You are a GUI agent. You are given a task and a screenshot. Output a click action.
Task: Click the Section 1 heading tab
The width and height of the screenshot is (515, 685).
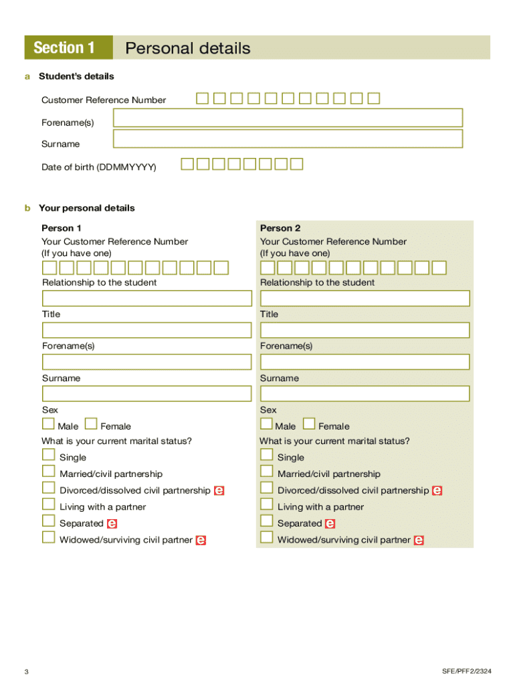64,48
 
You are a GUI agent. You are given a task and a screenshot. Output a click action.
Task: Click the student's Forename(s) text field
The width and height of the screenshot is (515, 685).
288,118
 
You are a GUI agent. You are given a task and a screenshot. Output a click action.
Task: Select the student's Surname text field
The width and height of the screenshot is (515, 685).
288,138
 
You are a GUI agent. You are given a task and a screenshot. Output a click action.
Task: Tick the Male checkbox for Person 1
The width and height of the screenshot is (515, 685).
48,423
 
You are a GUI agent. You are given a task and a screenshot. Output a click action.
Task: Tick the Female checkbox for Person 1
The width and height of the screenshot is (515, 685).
91,423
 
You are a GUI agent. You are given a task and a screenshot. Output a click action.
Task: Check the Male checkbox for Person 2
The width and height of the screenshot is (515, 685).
266,423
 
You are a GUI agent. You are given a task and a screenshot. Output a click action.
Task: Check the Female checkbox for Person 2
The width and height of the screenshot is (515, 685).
309,423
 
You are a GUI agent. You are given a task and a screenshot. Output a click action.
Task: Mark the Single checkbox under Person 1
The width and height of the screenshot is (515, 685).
48,455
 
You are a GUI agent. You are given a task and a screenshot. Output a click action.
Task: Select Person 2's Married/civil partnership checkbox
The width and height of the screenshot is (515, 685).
266,472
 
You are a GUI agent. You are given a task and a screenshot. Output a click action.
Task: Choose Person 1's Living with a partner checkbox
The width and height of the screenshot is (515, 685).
48,504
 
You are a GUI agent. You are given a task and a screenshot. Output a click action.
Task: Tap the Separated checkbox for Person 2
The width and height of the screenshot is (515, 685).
266,521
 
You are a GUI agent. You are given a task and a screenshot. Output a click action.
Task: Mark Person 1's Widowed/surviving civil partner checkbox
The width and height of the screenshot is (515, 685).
48,537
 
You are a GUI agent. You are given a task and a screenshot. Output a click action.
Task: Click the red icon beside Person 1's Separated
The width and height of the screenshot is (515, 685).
112,524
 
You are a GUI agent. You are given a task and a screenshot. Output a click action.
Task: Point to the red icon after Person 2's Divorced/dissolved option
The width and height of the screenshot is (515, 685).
437,491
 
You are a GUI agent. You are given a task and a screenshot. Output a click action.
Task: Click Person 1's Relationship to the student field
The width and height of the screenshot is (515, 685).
146,298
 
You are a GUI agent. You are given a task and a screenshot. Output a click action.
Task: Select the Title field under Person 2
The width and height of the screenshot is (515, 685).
365,330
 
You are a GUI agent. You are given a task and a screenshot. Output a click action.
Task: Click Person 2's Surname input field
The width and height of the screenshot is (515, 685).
365,394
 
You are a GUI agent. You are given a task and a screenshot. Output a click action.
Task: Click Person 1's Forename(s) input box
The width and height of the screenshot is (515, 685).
146,362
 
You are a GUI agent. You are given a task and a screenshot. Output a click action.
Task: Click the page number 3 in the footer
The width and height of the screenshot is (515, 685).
26,672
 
